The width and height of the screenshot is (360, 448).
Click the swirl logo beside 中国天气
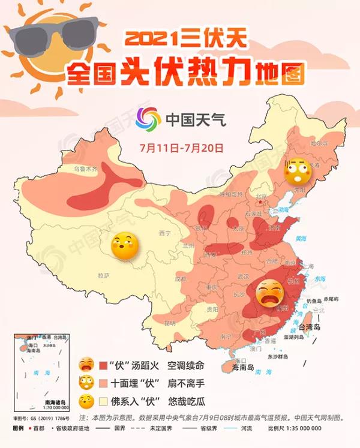[148, 118]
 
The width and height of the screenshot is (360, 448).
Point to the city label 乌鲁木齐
[85, 170]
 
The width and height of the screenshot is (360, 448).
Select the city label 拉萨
[103, 275]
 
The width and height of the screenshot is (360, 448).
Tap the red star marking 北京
[259, 203]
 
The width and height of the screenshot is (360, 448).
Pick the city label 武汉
[242, 276]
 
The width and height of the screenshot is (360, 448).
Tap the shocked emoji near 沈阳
[296, 171]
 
